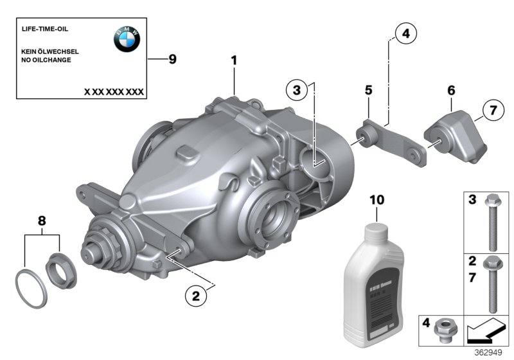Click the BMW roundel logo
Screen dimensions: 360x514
coord(127,40)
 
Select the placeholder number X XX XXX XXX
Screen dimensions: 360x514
coord(114,92)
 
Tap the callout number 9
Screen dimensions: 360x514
coord(171,59)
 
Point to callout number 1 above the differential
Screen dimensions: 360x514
coord(234,60)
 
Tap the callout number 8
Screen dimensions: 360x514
coord(42,221)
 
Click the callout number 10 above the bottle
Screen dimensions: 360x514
coord(377,200)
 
